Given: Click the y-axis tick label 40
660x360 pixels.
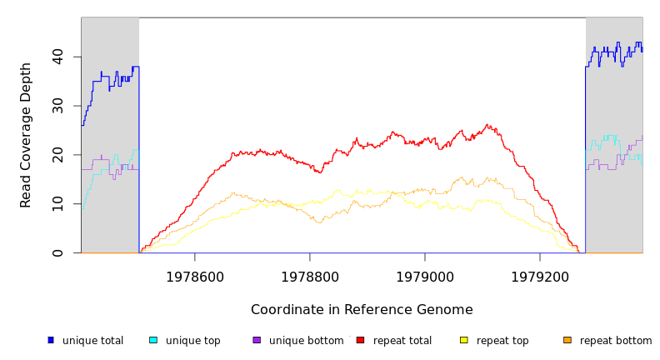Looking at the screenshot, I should [57, 57].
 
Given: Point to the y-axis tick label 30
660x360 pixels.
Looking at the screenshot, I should [57, 106].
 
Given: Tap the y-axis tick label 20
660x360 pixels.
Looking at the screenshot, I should [57, 155].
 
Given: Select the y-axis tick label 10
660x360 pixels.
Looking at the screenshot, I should [57, 204].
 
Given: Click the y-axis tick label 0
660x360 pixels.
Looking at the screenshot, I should [57, 253].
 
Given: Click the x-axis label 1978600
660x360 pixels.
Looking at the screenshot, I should [195, 277].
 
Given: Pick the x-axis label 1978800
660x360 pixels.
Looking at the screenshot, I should [310, 277].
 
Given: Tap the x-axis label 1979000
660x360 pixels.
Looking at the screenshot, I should [425, 277].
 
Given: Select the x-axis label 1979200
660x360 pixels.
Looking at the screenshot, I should [540, 277].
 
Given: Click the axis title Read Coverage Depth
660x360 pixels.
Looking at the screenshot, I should [26, 135].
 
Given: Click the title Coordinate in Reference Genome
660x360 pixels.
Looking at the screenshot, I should [362, 310].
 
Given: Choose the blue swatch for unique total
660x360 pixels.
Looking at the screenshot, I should [51, 340].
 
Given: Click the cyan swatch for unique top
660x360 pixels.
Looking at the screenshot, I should [153, 340].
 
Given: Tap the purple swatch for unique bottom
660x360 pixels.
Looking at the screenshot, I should [257, 340].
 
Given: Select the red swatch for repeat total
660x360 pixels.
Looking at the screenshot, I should [360, 340].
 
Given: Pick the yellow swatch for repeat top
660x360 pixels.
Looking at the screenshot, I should [464, 340].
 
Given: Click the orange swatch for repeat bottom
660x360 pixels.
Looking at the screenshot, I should [567, 340].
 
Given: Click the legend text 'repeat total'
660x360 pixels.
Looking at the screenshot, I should [402, 341].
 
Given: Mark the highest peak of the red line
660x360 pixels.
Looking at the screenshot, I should [487, 125].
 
